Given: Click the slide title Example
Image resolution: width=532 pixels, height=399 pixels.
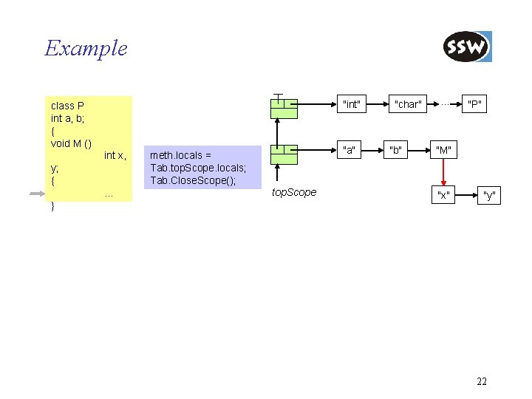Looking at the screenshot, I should (x=86, y=49).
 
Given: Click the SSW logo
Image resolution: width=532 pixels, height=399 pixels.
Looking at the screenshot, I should (x=467, y=47).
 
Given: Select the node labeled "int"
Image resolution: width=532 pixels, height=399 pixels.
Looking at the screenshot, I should (x=352, y=104).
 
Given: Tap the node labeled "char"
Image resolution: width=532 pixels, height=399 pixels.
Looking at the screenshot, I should (x=408, y=104).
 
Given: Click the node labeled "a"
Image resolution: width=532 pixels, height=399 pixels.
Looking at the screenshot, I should (x=349, y=151).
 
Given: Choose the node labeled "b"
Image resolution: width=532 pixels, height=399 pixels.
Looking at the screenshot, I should (x=397, y=151).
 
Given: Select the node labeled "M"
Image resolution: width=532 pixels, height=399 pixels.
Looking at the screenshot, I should (x=444, y=151).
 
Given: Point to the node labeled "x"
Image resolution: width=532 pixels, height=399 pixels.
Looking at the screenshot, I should (x=443, y=195).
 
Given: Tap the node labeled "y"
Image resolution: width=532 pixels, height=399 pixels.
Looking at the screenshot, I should (x=488, y=195).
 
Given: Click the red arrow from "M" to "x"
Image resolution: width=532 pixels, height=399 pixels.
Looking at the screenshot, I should (x=444, y=173).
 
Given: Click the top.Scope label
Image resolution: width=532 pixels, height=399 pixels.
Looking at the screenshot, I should (x=294, y=192).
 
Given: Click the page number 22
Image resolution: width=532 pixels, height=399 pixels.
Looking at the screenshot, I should (x=482, y=381).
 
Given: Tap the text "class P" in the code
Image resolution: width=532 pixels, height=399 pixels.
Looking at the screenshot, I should (x=67, y=106).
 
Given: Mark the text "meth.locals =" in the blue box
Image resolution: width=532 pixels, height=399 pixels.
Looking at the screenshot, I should (x=180, y=155).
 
